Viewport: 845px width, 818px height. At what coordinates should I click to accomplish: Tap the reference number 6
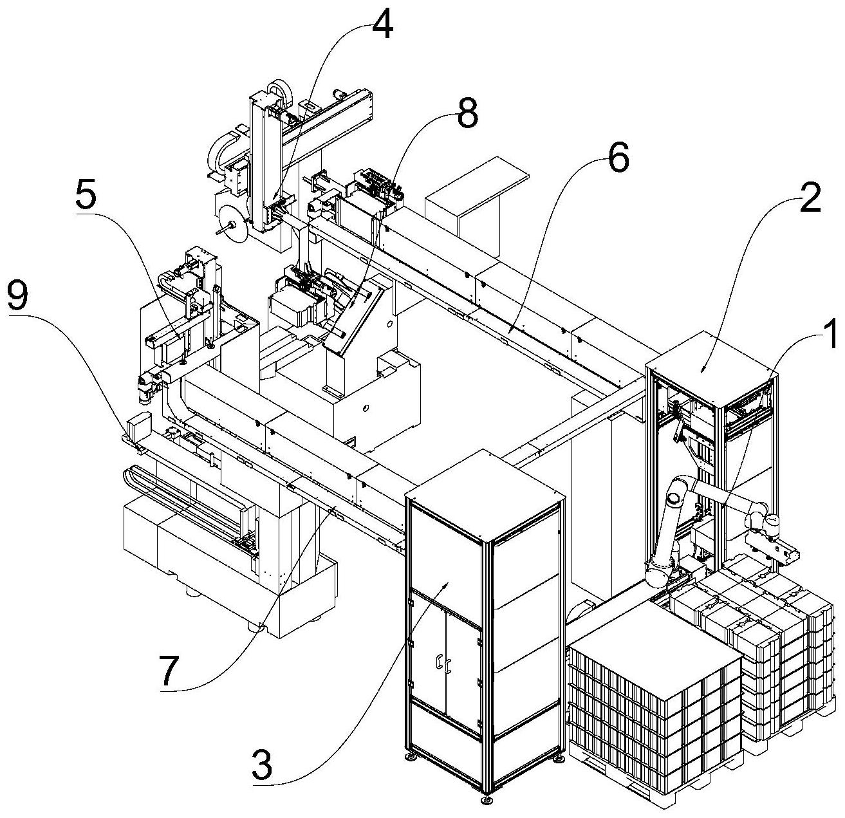click(618, 159)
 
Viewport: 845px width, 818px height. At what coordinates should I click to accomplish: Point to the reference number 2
click(810, 200)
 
